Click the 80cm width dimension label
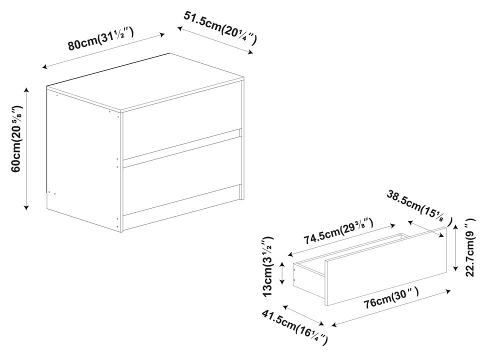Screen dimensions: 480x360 tap(100, 38)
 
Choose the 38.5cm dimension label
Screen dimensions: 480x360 tap(419, 207)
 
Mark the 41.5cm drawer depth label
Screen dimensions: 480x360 tap(294, 327)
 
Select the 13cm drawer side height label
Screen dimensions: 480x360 tap(268, 266)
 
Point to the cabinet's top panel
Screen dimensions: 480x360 tap(145, 81)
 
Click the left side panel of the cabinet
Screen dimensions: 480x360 tap(84, 158)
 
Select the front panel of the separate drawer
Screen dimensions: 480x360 tap(385, 266)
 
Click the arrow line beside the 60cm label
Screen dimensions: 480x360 tap(26, 149)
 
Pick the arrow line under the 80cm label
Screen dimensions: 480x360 tap(103, 51)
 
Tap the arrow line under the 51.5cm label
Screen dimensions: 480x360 tap(215, 40)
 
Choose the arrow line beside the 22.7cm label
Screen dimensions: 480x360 tap(455, 247)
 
